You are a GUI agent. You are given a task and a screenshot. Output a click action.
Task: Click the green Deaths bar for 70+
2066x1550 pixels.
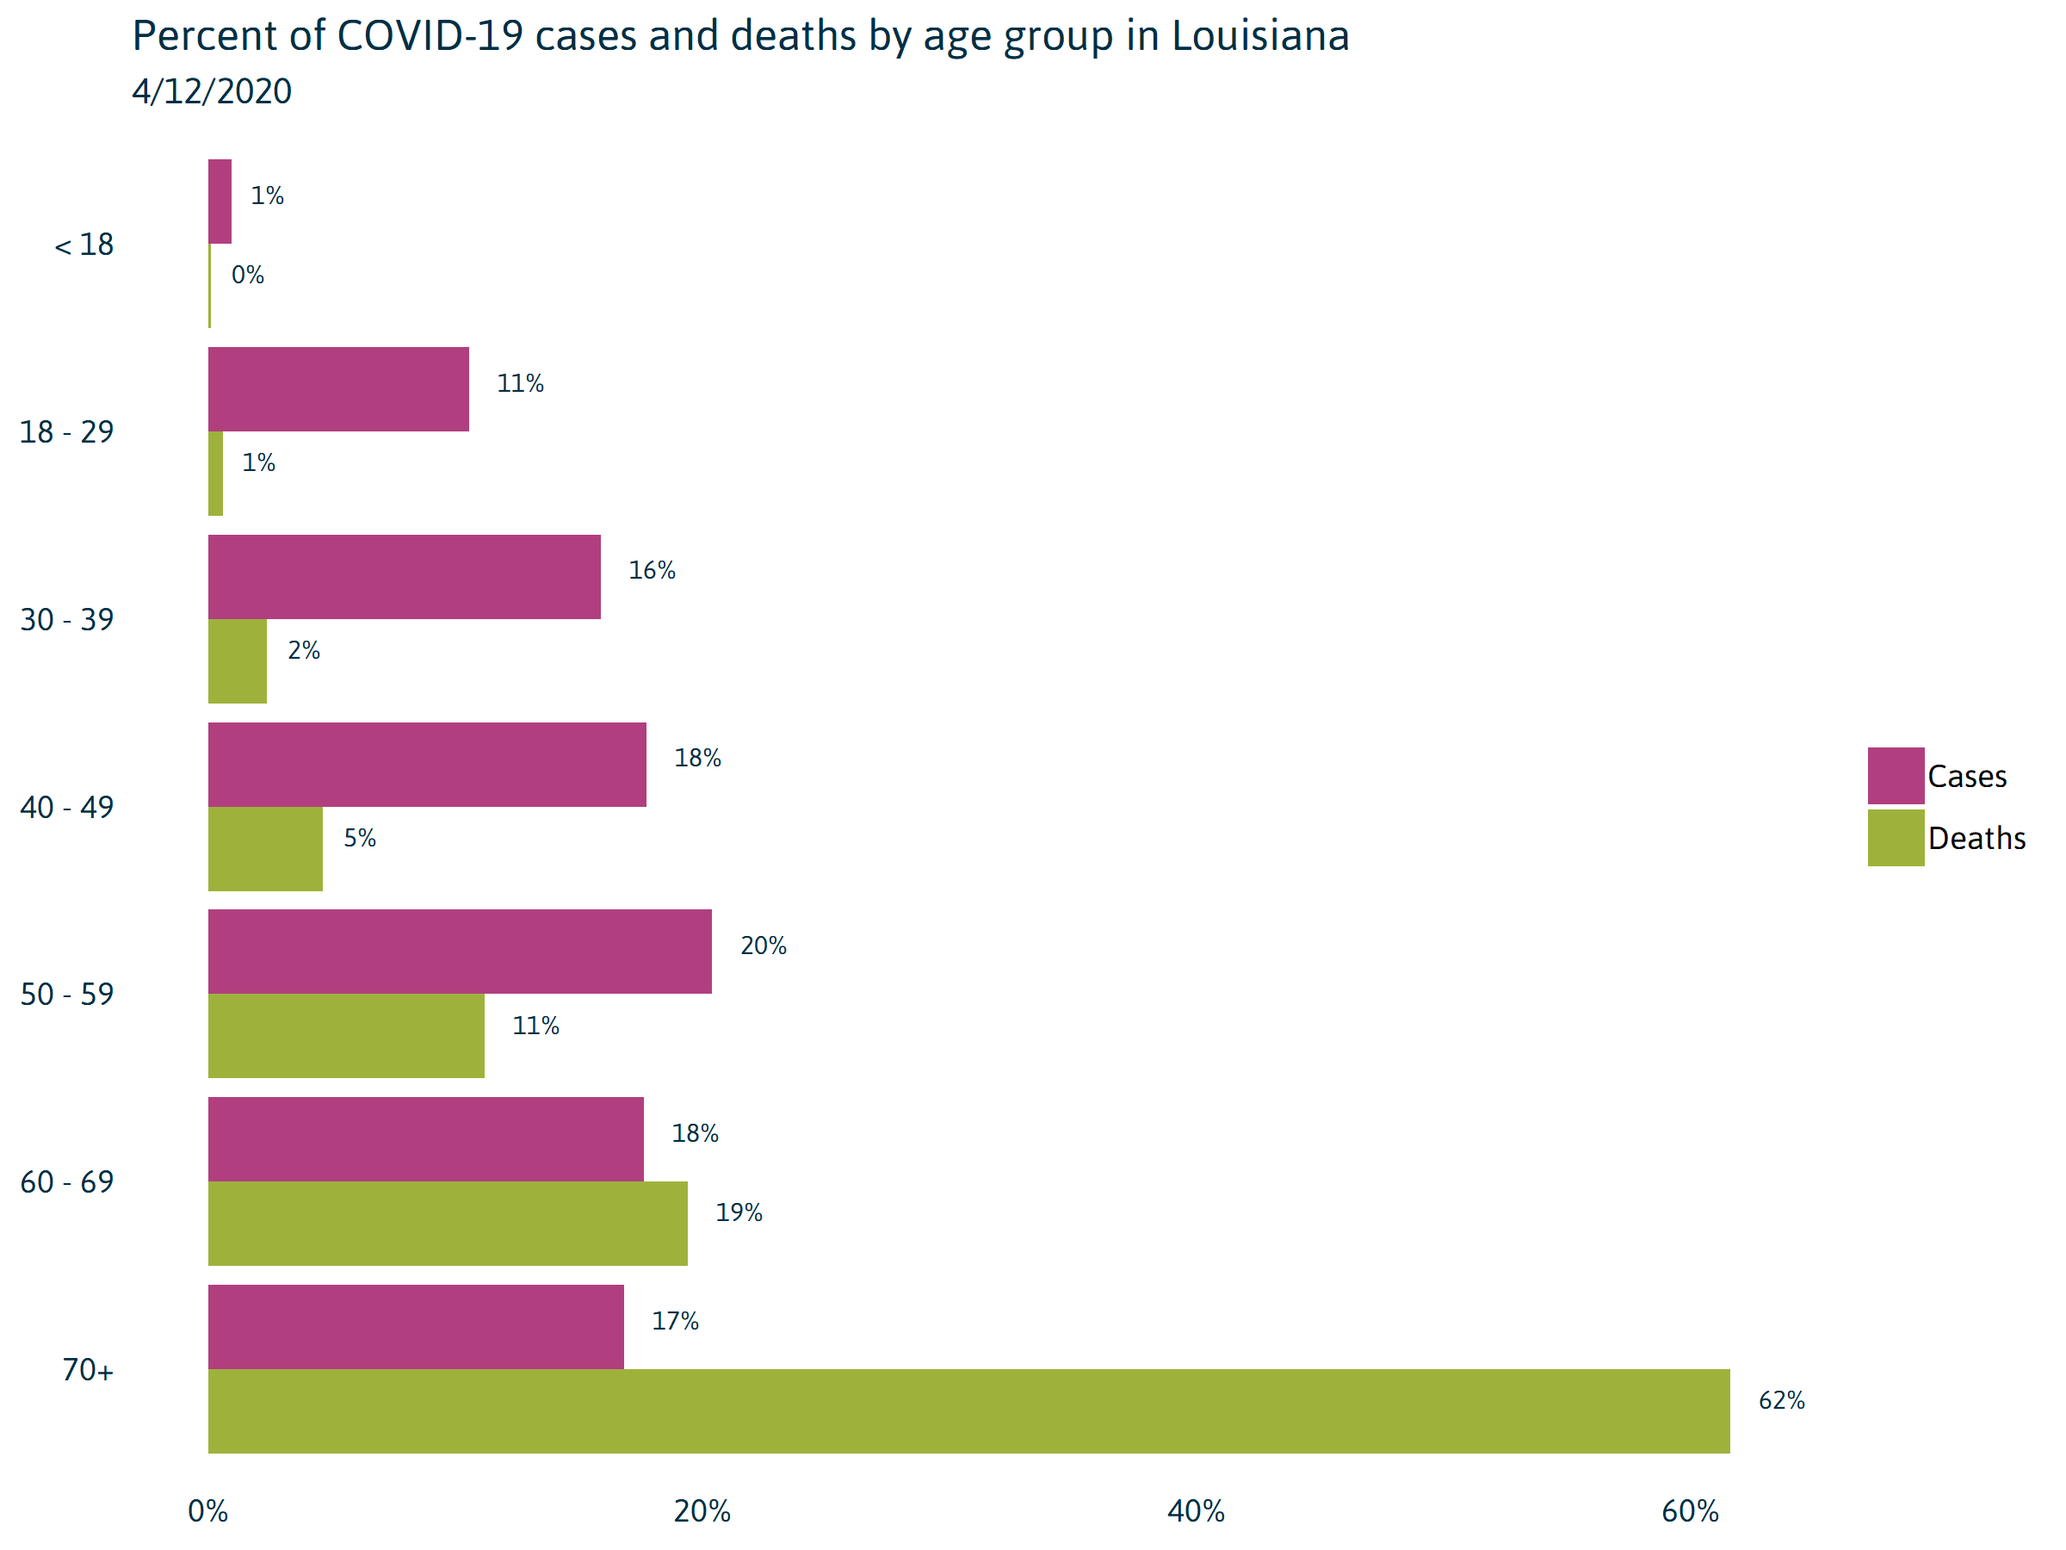[968, 1410]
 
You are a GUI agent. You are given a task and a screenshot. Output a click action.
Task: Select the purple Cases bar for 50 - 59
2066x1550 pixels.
[460, 952]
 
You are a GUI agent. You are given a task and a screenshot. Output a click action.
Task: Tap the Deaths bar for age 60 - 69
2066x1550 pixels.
[448, 1223]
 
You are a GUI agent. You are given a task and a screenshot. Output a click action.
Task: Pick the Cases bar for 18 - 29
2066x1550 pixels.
[338, 388]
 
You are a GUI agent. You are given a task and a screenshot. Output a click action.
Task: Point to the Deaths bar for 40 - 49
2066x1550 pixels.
[265, 848]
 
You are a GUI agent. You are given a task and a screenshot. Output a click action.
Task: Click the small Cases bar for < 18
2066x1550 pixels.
[220, 201]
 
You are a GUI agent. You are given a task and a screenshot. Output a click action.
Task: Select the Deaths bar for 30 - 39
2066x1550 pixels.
[238, 660]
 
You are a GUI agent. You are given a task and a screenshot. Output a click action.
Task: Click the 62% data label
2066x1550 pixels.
[1781, 1400]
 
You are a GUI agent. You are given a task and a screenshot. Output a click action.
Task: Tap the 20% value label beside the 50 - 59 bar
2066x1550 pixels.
[763, 945]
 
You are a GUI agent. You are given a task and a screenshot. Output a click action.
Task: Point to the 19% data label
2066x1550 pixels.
[739, 1212]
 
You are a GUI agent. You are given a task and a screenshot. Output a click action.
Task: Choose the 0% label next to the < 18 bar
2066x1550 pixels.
[248, 275]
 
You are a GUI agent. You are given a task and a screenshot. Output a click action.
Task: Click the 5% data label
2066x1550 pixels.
[360, 838]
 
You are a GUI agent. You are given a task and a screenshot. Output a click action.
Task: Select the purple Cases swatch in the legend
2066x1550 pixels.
[1895, 776]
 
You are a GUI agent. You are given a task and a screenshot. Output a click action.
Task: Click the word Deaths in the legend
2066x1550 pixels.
[1976, 838]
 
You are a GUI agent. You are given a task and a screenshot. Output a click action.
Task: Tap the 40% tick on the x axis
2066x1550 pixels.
[1196, 1510]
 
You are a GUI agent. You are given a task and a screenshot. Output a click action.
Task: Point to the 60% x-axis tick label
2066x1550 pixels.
[1690, 1510]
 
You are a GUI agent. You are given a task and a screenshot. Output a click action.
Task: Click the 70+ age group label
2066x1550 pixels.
[88, 1370]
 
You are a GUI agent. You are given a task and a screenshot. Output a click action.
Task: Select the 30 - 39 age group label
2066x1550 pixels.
[67, 619]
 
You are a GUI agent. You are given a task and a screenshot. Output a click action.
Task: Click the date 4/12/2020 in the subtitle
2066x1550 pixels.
[212, 91]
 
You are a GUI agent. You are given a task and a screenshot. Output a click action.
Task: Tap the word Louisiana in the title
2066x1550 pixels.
[1260, 36]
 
